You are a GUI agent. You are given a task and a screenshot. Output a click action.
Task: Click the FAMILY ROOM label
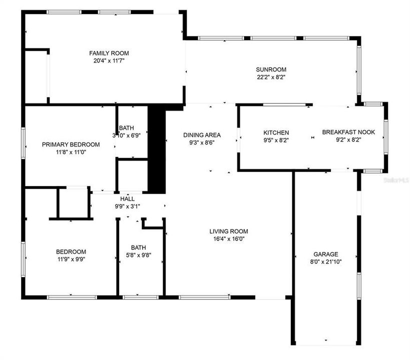pyautogui.click(x=109, y=53)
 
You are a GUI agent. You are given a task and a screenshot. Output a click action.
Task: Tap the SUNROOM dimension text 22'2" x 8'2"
pyautogui.click(x=271, y=77)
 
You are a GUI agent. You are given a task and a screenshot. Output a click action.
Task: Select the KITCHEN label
pyautogui.click(x=276, y=132)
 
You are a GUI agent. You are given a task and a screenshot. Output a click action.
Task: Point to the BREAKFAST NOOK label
pyautogui.click(x=348, y=132)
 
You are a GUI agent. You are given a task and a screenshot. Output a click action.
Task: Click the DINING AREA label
pyautogui.click(x=202, y=135)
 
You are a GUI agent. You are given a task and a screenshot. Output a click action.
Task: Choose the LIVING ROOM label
pyautogui.click(x=228, y=231)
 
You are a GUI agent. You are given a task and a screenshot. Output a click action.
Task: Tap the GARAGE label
pyautogui.click(x=326, y=254)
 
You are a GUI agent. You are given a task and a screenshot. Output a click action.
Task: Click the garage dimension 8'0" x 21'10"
pyautogui.click(x=326, y=261)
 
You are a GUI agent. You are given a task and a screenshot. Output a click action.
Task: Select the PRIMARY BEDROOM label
pyautogui.click(x=71, y=144)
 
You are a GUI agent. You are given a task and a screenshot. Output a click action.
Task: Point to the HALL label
pyautogui.click(x=127, y=198)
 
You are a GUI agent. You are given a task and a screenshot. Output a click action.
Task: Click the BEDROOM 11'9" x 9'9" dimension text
pyautogui.click(x=71, y=259)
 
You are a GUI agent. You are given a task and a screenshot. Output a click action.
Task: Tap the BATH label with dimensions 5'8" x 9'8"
pyautogui.click(x=138, y=247)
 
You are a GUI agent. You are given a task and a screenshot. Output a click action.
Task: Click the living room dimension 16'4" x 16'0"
pyautogui.click(x=228, y=238)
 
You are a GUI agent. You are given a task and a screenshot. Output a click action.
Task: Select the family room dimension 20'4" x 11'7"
pyautogui.click(x=109, y=60)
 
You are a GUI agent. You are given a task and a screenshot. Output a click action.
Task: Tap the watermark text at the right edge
pyautogui.click(x=399, y=178)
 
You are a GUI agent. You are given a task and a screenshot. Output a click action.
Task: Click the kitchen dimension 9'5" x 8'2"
pyautogui.click(x=276, y=140)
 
